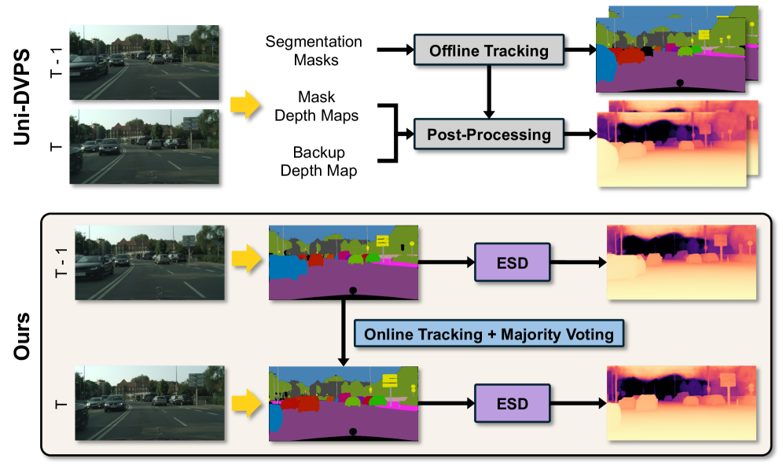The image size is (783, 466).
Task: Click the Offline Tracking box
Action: pyautogui.click(x=489, y=50)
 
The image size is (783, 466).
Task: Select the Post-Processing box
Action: pyautogui.click(x=489, y=134)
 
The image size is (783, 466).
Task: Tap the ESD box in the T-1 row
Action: pyautogui.click(x=513, y=262)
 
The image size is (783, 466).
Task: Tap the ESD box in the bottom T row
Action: pyautogui.click(x=513, y=403)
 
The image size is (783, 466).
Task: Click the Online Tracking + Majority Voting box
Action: pyautogui.click(x=489, y=334)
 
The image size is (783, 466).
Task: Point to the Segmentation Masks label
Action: pyautogui.click(x=314, y=50)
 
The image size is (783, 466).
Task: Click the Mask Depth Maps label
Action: pyautogui.click(x=317, y=106)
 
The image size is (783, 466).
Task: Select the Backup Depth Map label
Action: pyautogui.click(x=318, y=161)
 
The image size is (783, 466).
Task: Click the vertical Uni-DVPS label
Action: pyautogui.click(x=22, y=97)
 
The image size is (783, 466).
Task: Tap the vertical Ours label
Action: pyautogui.click(x=22, y=336)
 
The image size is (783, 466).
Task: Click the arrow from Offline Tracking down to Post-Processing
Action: pyautogui.click(x=489, y=92)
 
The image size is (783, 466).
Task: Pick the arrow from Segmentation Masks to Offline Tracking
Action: pyautogui.click(x=395, y=50)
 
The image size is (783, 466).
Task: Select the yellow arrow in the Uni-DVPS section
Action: pyautogui.click(x=245, y=105)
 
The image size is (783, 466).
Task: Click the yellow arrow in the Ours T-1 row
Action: pyautogui.click(x=247, y=259)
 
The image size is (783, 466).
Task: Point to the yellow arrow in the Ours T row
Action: pyautogui.click(x=247, y=402)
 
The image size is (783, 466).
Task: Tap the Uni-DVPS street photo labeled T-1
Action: pyautogui.click(x=145, y=62)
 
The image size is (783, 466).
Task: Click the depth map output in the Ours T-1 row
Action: pyautogui.click(x=682, y=262)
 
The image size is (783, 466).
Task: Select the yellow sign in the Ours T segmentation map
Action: pyautogui.click(x=390, y=380)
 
